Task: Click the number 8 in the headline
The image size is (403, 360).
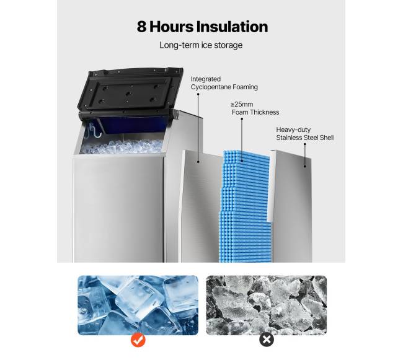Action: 141,27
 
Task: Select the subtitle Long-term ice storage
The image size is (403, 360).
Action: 201,45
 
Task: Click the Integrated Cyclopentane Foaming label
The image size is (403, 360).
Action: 224,83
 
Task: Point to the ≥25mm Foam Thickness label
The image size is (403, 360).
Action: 255,108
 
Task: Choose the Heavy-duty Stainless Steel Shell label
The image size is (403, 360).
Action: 305,133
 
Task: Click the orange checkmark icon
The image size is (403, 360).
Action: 138,340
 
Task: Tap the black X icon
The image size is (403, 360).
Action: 267,340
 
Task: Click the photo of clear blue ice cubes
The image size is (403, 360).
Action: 138,305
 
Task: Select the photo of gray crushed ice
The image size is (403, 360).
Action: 267,305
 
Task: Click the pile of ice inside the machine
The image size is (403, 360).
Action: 122,147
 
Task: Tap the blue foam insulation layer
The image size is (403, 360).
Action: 245,206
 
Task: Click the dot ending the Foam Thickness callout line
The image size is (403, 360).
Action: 242,161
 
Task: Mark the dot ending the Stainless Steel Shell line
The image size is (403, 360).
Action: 305,167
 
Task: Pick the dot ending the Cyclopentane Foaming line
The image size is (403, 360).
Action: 198,162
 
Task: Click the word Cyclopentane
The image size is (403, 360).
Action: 211,87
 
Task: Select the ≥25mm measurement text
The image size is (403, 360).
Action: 242,104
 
